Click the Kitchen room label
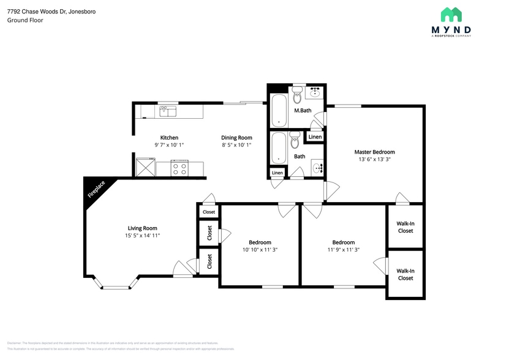point(169,138)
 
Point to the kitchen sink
point(168,111)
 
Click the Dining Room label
point(236,138)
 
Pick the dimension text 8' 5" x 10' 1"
point(236,146)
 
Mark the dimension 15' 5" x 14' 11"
point(143,235)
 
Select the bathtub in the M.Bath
point(279,111)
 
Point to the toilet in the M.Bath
point(298,94)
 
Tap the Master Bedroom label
point(374,152)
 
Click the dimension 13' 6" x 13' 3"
point(374,160)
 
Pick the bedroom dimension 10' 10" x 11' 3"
point(260,249)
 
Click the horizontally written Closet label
point(209,212)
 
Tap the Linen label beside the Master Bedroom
point(315,137)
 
